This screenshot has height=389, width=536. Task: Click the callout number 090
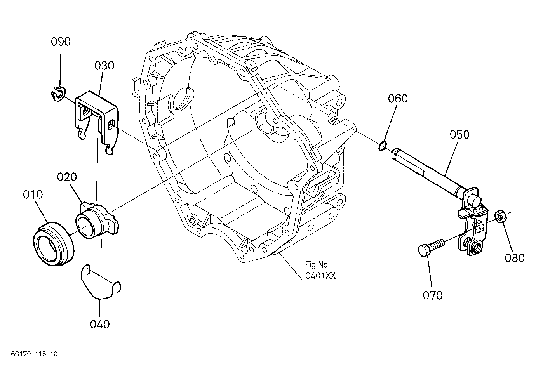pyautogui.click(x=61, y=42)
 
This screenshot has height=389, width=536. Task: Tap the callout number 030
pyautogui.click(x=104, y=66)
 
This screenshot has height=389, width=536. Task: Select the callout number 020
pyautogui.click(x=67, y=177)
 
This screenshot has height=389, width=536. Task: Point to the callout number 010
pyautogui.click(x=33, y=194)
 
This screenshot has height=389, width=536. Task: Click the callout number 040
pyautogui.click(x=100, y=325)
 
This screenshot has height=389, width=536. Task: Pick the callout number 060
pyautogui.click(x=398, y=99)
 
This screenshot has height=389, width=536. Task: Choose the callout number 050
pyautogui.click(x=459, y=134)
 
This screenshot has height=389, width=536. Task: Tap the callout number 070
pyautogui.click(x=433, y=295)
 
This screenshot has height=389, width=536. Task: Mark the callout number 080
pyautogui.click(x=515, y=258)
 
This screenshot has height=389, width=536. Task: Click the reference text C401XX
pyautogui.click(x=320, y=276)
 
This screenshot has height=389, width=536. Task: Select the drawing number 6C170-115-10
pyautogui.click(x=34, y=354)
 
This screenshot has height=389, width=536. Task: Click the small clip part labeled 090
pyautogui.click(x=58, y=93)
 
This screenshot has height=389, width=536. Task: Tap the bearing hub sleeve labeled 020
pyautogui.click(x=97, y=220)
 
